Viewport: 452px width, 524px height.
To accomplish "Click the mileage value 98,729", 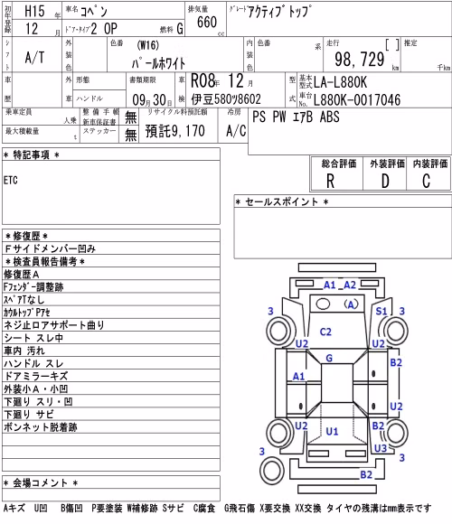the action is coord(360,60).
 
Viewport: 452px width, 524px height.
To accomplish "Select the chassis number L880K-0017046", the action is coord(357,99).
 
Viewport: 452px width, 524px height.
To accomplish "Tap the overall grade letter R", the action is coord(330,182).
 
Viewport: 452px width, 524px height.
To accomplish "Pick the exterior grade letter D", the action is coord(385,182).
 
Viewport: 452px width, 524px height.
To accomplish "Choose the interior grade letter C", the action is coord(426,182).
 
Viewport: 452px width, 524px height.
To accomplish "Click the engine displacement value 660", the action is coord(207,23).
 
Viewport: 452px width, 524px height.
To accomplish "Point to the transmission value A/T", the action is coord(34,58).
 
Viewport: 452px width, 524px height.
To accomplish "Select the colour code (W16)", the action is coord(147,45).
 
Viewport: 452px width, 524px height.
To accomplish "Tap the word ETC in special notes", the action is coord(10,181).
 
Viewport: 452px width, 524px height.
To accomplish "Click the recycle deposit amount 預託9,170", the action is coord(174,131).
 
